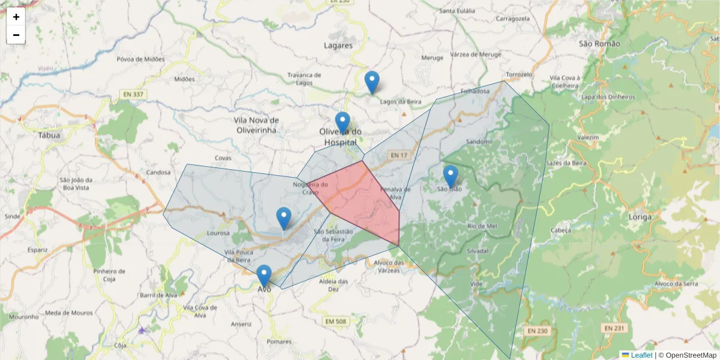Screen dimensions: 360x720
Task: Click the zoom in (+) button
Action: [x=16, y=17]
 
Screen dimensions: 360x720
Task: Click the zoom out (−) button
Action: [x=16, y=35]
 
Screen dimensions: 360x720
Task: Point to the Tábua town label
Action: [x=49, y=136]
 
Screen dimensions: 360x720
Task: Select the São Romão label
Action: [x=594, y=43]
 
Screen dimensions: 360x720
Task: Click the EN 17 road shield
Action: [x=398, y=155]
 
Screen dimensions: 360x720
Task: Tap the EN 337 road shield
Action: [x=133, y=94]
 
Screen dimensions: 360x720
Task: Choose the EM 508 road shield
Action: [x=336, y=322]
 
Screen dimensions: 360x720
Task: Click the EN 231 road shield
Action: [x=614, y=328]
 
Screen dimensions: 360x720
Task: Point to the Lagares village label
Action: [x=338, y=45]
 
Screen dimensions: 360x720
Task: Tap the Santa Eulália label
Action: [x=457, y=11]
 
